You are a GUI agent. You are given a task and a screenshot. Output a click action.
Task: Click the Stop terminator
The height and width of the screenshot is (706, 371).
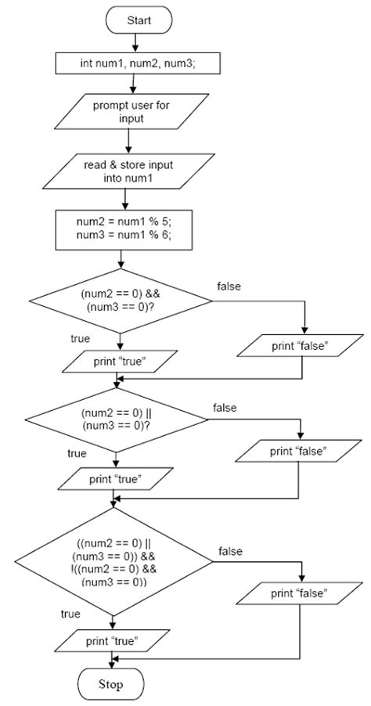coord(111,686)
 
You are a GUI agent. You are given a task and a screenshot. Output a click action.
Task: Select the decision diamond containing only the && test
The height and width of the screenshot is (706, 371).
coord(120,301)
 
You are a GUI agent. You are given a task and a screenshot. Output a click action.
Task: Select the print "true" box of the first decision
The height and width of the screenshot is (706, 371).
coord(117,362)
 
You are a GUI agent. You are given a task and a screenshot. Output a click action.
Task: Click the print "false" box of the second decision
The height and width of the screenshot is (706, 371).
coord(298,452)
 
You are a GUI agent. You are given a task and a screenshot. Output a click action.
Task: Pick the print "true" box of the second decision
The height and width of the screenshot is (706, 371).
coord(115,477)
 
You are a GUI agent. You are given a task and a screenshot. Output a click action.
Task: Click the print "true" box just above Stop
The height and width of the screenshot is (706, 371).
coord(113,642)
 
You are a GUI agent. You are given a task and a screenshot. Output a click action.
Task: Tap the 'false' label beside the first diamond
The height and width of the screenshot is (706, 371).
coord(229,286)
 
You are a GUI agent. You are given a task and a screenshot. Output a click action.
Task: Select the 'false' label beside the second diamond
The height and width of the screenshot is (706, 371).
coord(225,408)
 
